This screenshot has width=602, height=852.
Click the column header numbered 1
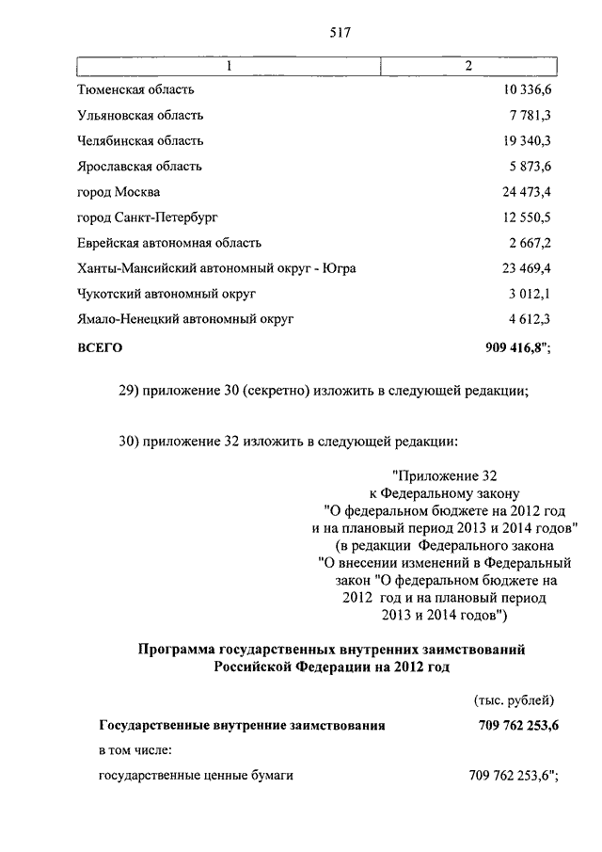click(227, 65)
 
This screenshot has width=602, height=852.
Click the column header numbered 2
click(468, 65)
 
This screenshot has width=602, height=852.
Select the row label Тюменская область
click(135, 90)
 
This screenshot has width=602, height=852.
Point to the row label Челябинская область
click(140, 141)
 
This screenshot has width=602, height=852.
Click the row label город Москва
click(119, 192)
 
